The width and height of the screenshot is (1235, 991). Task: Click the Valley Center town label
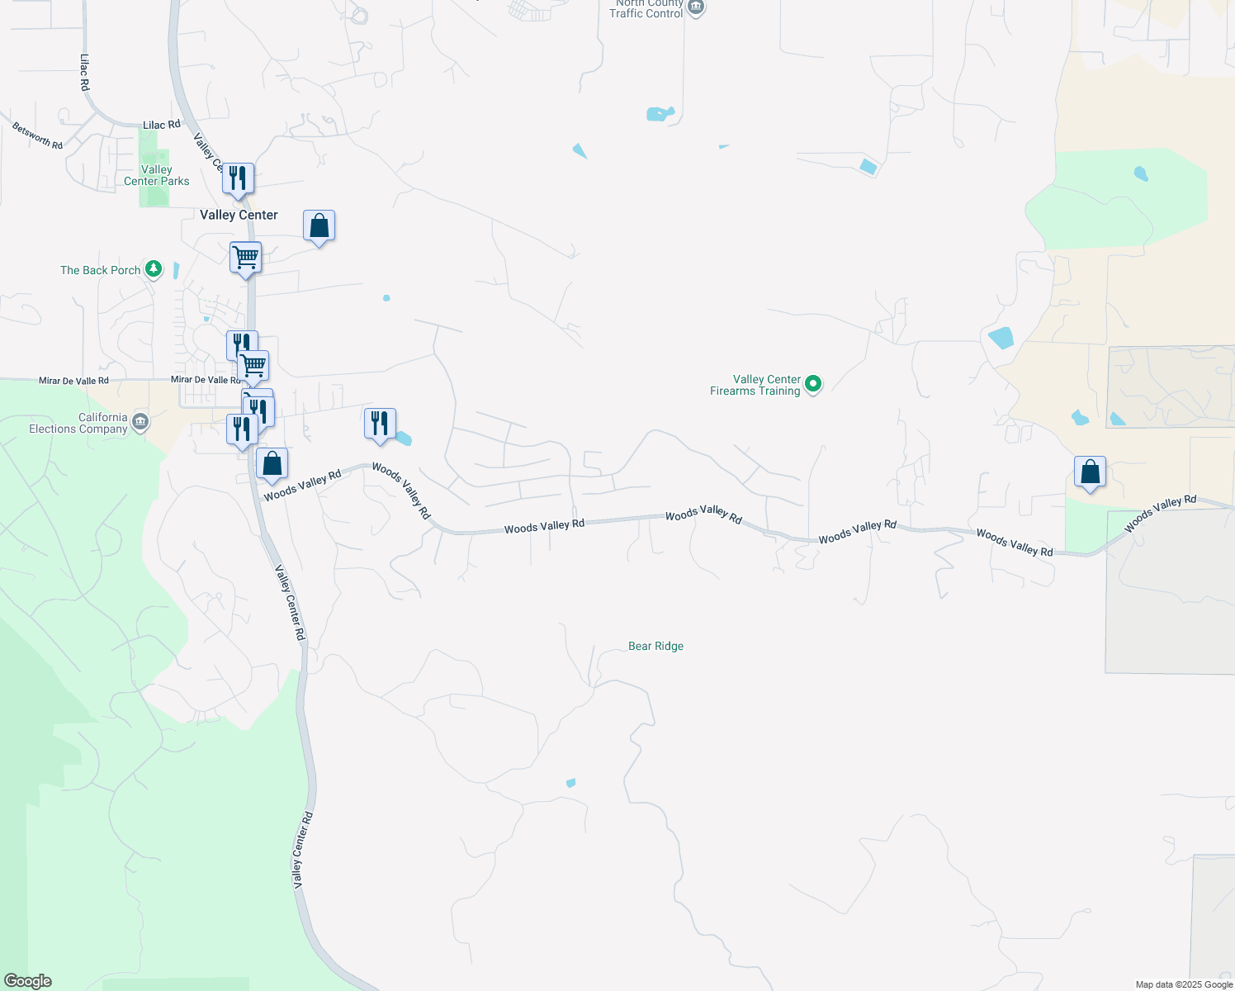point(239,215)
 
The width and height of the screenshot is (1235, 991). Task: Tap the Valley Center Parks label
point(156,175)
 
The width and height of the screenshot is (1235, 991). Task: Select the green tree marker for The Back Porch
point(153,269)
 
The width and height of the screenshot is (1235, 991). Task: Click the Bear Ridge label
point(655,646)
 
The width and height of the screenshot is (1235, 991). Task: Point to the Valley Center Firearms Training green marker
point(813,383)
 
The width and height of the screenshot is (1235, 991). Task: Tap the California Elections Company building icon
point(140,423)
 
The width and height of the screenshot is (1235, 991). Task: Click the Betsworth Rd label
point(37,135)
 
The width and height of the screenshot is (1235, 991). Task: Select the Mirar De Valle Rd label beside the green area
point(73,381)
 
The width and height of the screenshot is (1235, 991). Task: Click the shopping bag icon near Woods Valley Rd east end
point(1090,472)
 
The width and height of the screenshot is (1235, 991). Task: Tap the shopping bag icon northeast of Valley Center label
point(319,225)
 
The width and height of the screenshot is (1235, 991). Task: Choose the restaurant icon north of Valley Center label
point(238,178)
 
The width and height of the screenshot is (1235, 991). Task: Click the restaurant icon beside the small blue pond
point(380,424)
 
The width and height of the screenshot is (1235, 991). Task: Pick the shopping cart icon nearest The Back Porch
point(245,258)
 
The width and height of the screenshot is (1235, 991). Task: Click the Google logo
point(28,981)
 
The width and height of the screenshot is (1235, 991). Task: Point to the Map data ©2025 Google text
point(1183,984)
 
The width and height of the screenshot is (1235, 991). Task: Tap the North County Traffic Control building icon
point(696,8)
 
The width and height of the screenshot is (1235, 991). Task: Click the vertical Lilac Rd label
point(84,73)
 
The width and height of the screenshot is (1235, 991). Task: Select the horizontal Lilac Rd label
point(161,125)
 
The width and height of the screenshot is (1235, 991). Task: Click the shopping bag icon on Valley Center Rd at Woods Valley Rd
point(272,464)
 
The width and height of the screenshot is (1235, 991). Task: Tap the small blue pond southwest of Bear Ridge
point(570,783)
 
